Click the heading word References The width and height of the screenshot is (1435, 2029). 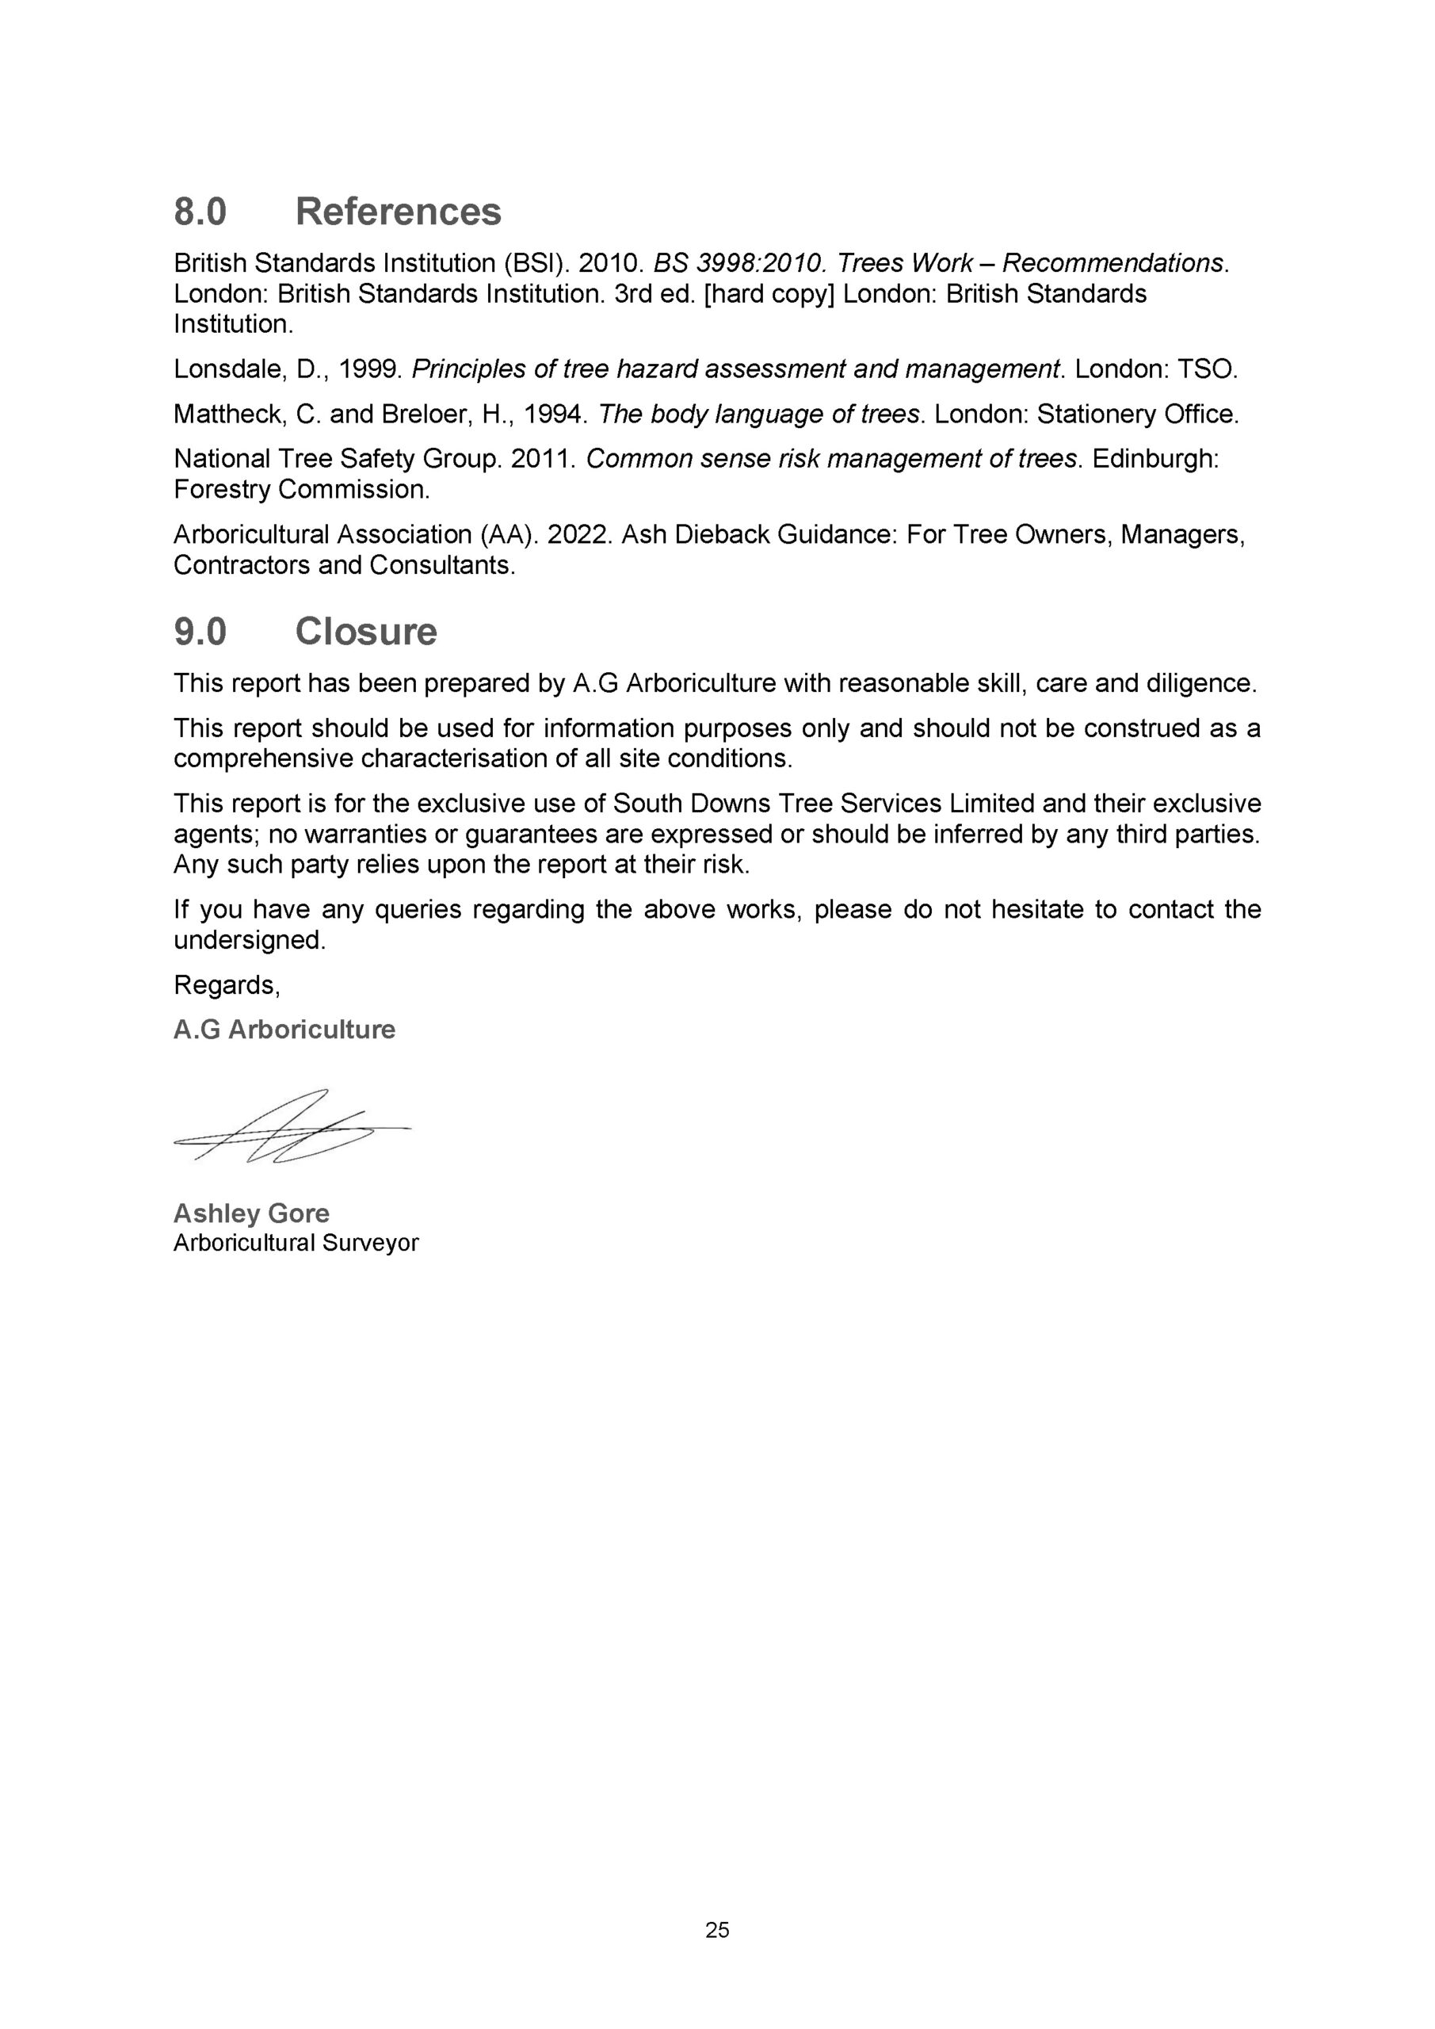pyautogui.click(x=398, y=212)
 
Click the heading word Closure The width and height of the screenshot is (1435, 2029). pyautogui.click(x=366, y=632)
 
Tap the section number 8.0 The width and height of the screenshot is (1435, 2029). pyautogui.click(x=200, y=212)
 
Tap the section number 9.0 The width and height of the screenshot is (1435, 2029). pyautogui.click(x=200, y=632)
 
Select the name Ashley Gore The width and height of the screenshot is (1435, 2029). pyautogui.click(x=251, y=1213)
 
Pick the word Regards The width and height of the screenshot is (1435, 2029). pyautogui.click(x=226, y=985)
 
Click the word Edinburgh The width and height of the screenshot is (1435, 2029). pyautogui.click(x=1154, y=460)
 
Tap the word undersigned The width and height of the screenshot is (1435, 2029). pyautogui.click(x=248, y=940)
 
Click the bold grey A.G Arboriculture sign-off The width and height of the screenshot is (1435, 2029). pyautogui.click(x=284, y=1030)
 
